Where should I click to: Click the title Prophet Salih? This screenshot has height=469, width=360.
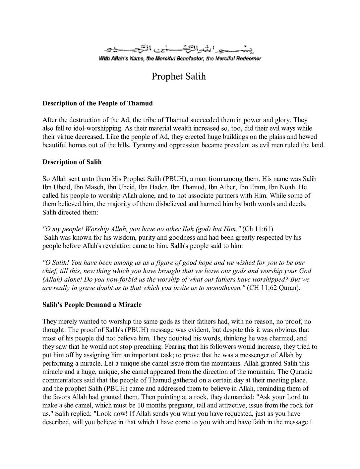(179, 77)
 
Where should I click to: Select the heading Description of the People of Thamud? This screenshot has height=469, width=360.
(97, 103)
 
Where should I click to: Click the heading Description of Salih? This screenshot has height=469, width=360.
(72, 162)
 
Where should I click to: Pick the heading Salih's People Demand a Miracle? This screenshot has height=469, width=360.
(92, 305)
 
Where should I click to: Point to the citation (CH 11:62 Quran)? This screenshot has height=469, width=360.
(273, 288)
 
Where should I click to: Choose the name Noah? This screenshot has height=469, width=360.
(292, 187)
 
